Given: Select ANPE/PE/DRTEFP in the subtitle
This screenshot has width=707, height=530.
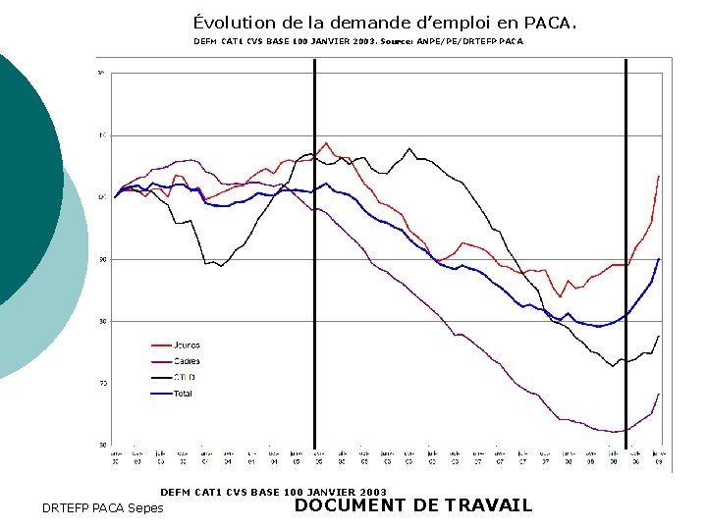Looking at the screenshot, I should tap(460, 42).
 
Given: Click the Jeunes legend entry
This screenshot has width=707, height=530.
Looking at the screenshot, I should tap(187, 345).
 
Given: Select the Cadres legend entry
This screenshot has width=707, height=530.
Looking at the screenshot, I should tap(187, 361).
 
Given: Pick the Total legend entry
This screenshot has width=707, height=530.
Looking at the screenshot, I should tap(183, 394).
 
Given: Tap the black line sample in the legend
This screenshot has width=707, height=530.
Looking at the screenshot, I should tap(161, 378).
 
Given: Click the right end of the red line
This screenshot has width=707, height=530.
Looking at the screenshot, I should tap(658, 177).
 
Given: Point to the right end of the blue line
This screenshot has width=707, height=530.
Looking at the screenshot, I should tap(658, 259).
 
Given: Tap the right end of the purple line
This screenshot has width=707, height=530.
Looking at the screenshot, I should tap(658, 394).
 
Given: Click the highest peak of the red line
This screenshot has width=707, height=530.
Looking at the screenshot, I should tap(327, 143).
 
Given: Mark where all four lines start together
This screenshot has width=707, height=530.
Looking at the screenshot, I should tap(116, 196).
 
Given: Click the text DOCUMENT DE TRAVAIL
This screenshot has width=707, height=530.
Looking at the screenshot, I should tap(413, 505).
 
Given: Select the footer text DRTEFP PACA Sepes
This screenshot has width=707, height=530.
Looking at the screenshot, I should tap(103, 507).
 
